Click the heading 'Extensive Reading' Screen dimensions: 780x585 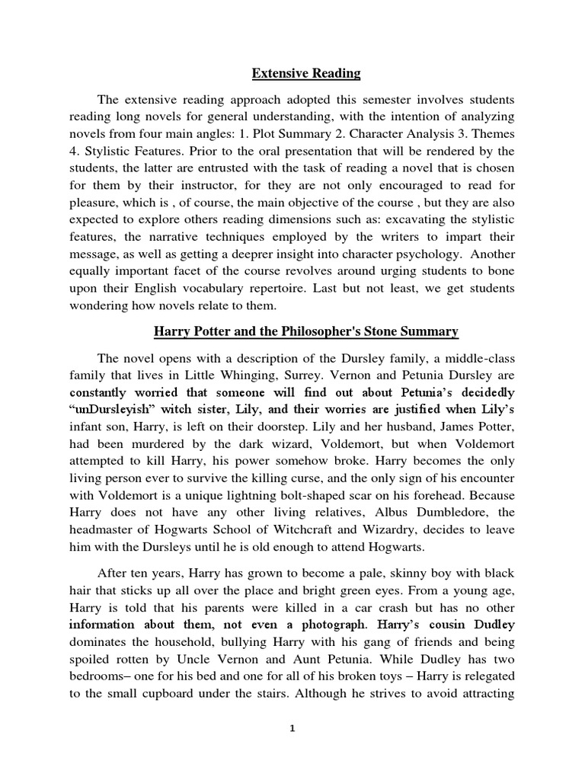[306, 74]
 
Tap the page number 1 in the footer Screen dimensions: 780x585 [292, 729]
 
